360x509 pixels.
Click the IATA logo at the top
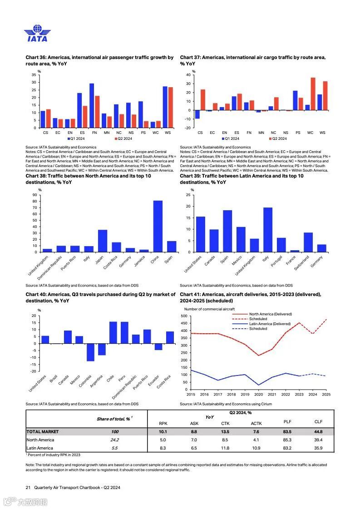(x=37, y=34)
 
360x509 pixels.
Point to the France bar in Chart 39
(x=295, y=251)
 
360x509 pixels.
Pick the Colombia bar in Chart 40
(x=90, y=352)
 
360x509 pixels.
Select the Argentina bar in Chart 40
(x=102, y=349)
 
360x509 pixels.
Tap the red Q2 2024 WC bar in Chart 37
(x=313, y=94)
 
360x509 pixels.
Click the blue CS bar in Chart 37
(x=197, y=114)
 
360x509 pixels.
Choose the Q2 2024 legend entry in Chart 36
(x=123, y=138)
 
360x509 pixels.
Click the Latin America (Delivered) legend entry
(x=270, y=324)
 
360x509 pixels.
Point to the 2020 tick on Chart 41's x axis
(x=258, y=395)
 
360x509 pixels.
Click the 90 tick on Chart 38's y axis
(x=35, y=195)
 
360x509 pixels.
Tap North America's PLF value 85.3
(x=287, y=440)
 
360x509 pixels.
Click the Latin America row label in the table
(x=40, y=448)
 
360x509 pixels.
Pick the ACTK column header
(x=256, y=424)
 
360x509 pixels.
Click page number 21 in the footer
(x=28, y=488)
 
